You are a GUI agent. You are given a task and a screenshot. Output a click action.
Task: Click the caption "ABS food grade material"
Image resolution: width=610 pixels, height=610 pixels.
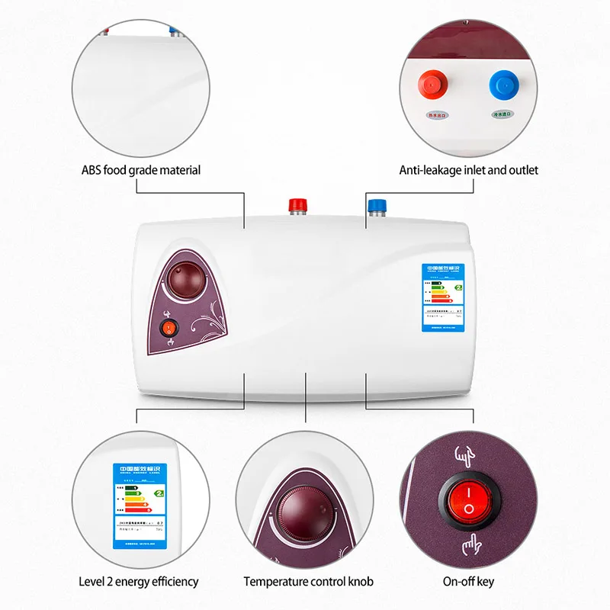tap(141, 170)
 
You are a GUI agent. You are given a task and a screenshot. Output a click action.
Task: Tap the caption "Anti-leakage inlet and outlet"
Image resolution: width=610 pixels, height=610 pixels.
tap(468, 170)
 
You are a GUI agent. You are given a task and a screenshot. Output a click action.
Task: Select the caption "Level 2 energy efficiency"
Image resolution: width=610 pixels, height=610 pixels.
tap(139, 582)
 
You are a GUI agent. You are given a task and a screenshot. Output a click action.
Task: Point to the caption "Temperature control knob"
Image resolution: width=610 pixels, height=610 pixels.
tap(309, 582)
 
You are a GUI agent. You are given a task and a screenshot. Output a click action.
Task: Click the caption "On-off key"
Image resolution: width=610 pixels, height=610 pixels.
tap(468, 582)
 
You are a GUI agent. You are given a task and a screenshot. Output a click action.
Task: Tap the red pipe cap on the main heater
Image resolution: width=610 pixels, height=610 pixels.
tap(296, 206)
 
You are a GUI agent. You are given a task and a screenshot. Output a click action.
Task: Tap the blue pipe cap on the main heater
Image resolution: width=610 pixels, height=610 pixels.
tap(376, 206)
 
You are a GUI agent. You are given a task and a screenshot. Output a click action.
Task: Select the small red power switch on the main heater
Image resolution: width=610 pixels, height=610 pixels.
tap(169, 329)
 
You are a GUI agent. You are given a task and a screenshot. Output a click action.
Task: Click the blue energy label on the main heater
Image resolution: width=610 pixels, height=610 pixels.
tap(445, 297)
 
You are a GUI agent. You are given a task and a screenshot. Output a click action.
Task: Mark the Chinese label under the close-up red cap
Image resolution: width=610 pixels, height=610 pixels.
tap(438, 115)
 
